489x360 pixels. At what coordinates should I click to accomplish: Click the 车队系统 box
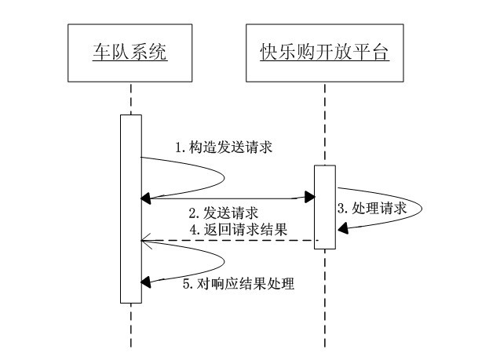pos(130,53)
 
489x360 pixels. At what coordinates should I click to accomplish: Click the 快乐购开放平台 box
pos(325,53)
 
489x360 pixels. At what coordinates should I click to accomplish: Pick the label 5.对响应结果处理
pos(238,283)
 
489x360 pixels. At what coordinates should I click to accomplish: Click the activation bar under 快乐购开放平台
pos(325,207)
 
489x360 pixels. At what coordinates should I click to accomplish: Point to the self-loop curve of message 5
pos(223,261)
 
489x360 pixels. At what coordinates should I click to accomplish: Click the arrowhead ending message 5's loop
pos(146,281)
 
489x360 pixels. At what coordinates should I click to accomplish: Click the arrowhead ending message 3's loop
pos(342,227)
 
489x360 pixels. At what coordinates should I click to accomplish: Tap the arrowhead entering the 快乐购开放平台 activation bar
pos(310,198)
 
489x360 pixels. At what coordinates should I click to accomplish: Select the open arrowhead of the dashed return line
pos(144,241)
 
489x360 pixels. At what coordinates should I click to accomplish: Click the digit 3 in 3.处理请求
pos(341,209)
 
